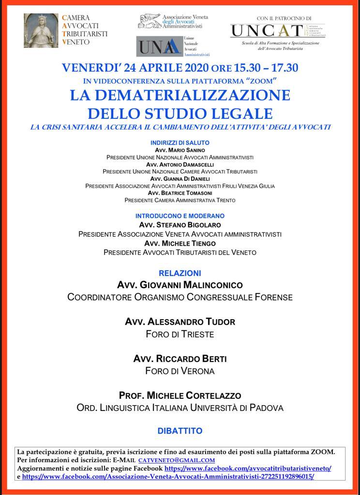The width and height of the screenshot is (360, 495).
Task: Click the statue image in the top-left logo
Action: tap(41, 30)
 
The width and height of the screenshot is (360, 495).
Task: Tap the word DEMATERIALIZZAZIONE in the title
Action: tap(180, 95)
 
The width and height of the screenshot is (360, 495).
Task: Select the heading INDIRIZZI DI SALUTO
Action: tap(180, 143)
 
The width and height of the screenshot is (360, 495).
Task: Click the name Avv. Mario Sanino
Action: tap(180, 150)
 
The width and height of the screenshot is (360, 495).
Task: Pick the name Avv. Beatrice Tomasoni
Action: tap(180, 193)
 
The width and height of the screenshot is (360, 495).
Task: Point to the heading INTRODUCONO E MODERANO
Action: tap(180, 216)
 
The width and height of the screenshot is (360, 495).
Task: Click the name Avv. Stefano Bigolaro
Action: tap(180, 225)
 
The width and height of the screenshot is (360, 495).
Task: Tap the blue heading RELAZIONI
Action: tap(180, 273)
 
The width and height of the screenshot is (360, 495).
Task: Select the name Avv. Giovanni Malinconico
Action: tap(180, 285)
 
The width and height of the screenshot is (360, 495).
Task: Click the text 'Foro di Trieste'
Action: tap(180, 334)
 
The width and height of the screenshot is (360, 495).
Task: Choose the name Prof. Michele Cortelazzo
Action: tap(180, 396)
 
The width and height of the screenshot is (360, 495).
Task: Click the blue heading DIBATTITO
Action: tap(180, 431)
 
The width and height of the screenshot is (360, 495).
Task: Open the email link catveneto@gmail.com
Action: tap(177, 461)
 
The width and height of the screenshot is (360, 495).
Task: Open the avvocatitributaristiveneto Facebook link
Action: tap(248, 468)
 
